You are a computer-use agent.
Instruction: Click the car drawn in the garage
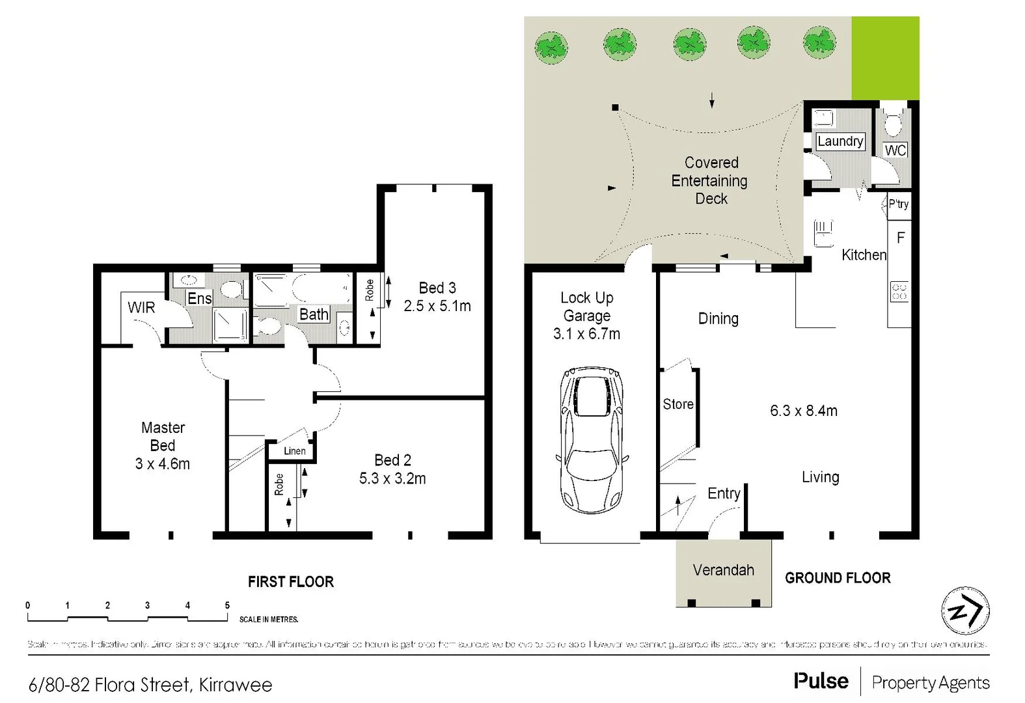pos(591,440)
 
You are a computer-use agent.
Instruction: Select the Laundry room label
pos(840,141)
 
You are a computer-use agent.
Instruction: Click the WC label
pos(895,150)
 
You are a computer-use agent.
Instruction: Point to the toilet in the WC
pos(893,122)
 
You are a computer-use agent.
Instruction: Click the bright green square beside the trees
pos(885,59)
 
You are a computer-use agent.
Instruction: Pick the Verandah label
pos(723,570)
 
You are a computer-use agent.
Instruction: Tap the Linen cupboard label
pos(294,451)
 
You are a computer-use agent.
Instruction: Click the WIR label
pos(141,307)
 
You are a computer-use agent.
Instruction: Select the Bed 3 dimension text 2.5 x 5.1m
pos(437,306)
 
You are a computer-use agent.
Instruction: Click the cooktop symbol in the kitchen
pos(899,292)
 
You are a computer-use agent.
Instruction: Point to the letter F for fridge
pos(901,238)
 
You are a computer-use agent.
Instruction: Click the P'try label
pos(899,204)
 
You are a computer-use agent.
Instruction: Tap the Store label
pos(678,404)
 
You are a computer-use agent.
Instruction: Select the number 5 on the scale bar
pos(227,605)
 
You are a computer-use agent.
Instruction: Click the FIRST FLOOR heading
pos(290,582)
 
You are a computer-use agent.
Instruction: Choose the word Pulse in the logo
pos(821,681)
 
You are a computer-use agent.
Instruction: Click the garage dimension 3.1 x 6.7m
pos(586,334)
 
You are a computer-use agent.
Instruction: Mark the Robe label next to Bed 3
pos(370,290)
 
